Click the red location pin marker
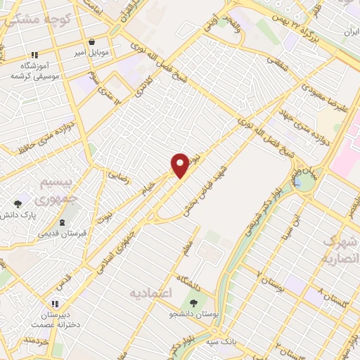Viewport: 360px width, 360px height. pyautogui.click(x=180, y=165)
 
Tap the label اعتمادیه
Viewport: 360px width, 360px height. pyautogui.click(x=152, y=292)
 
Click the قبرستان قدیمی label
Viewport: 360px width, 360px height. pyautogui.click(x=63, y=233)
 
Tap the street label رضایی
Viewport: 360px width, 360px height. pyautogui.click(x=117, y=174)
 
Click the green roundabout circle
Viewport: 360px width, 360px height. pyautogui.click(x=306, y=182)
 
